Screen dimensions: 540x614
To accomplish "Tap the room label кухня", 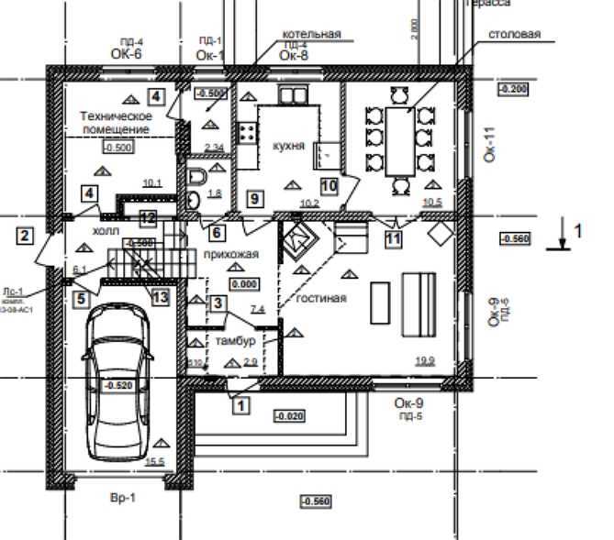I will pos(288,146).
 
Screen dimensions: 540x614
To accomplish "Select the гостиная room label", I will pos(320,297).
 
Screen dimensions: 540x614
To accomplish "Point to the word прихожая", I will pos(231,254).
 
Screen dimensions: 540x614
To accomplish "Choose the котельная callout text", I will pos(311,34).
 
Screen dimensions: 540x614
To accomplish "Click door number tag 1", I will pos(240,402).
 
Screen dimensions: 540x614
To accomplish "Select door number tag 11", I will pos(393,239).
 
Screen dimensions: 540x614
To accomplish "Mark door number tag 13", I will pos(160,296).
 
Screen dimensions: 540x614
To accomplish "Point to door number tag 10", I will pos(329,185).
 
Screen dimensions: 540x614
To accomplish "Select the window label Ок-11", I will pos(488,146).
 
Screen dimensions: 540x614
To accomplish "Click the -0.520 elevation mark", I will pos(118,385).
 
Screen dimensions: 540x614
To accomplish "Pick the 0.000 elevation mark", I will pos(244,285).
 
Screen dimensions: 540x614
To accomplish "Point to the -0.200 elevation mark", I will pos(511,88).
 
